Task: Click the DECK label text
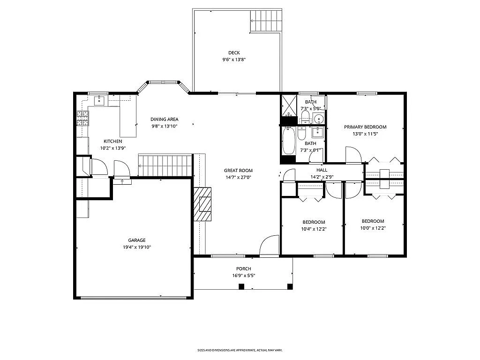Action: coord(234,52)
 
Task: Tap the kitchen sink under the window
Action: coord(100,100)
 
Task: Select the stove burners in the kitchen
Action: coord(82,118)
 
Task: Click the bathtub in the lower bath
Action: coord(288,140)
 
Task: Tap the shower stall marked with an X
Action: coord(288,105)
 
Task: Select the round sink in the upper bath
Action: coord(318,118)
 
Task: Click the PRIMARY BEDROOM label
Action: coord(365,127)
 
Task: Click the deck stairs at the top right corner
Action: coord(266,21)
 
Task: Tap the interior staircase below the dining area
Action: coord(165,166)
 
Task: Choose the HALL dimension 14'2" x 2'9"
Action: coord(322,177)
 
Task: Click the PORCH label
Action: coord(243,269)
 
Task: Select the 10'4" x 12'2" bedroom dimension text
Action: coord(314,229)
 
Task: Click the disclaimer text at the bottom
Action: coord(240,350)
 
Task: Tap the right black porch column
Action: coord(290,286)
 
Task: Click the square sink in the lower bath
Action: coord(318,131)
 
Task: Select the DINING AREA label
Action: coord(164,119)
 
